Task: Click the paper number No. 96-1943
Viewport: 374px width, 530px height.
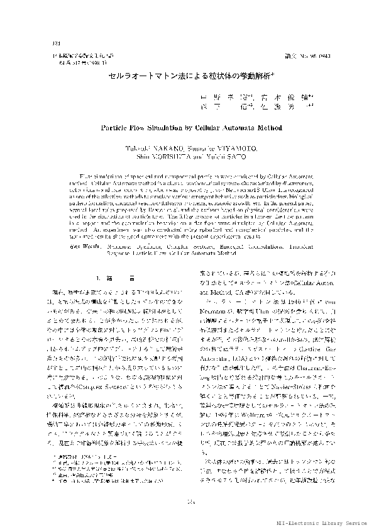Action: click(312, 55)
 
